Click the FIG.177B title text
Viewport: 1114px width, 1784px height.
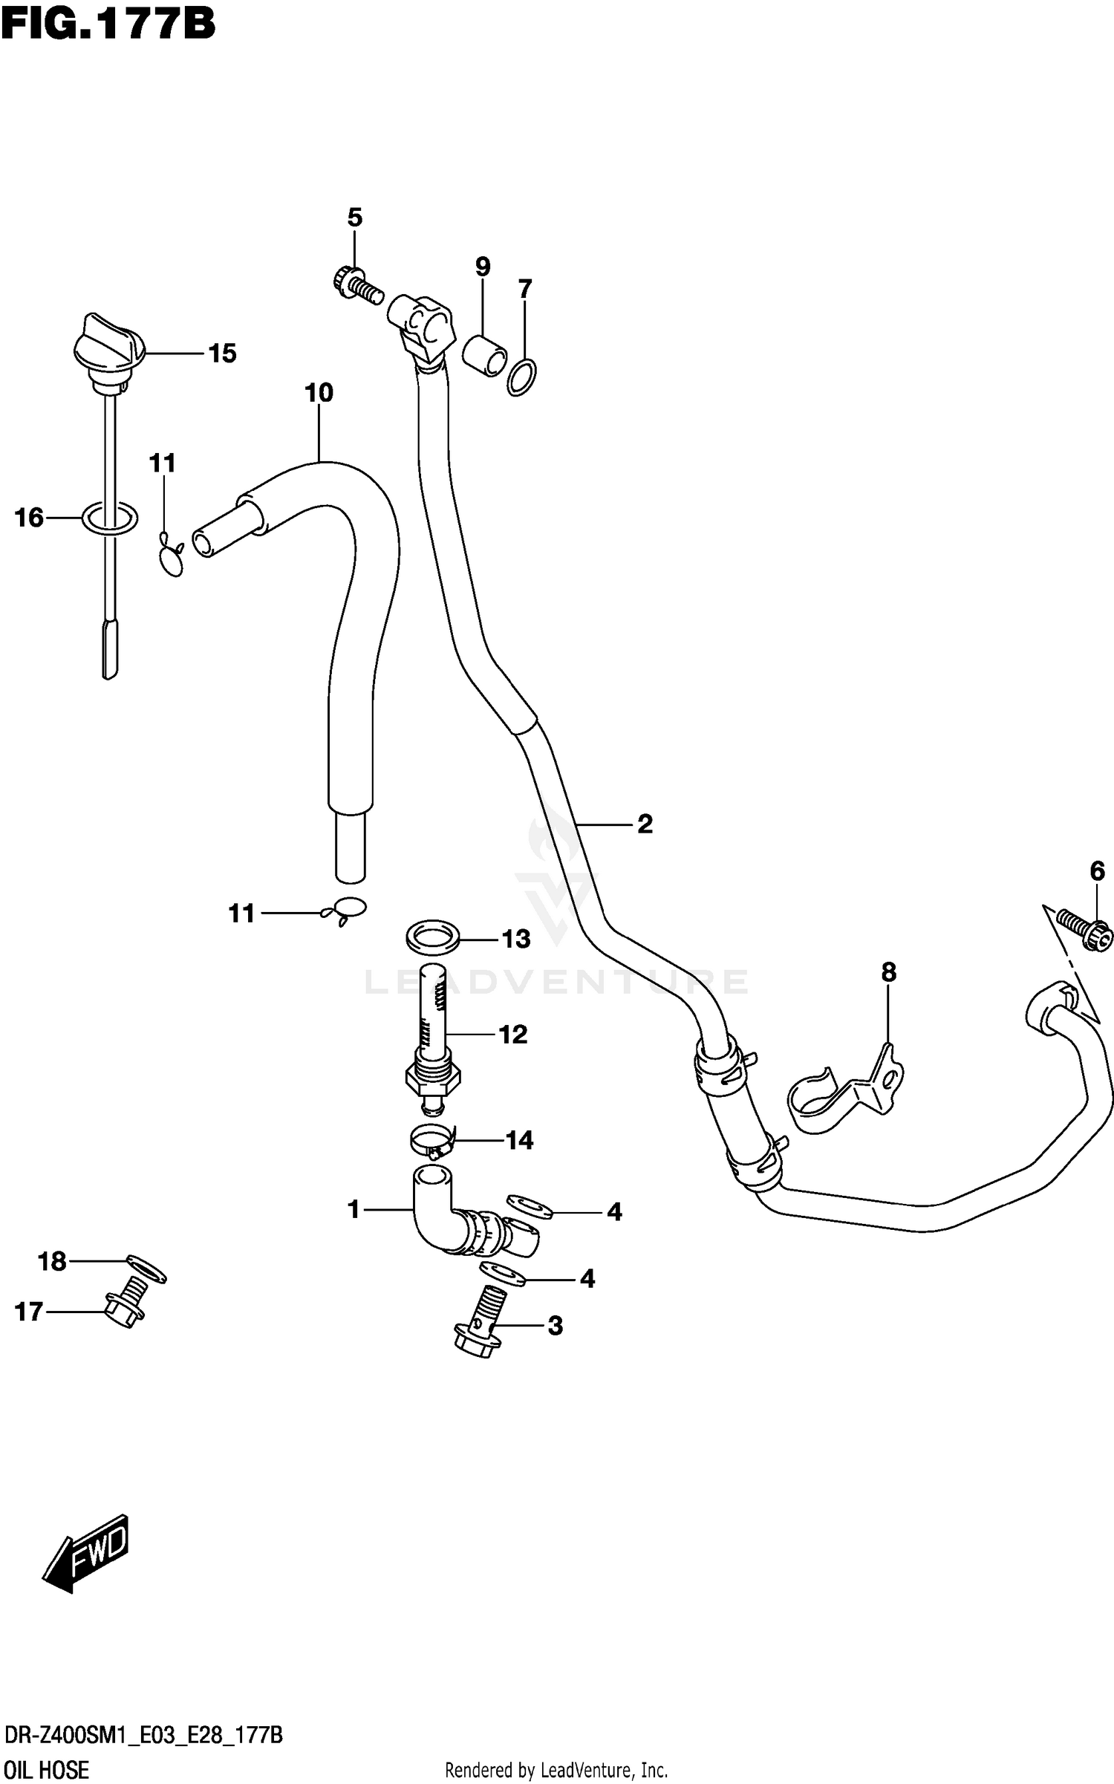coord(108,25)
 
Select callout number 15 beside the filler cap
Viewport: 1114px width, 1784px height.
coord(222,354)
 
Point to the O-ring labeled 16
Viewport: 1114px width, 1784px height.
coord(109,519)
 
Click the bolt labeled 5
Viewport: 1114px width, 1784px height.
coord(355,284)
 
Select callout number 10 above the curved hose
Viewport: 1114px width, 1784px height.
coord(319,392)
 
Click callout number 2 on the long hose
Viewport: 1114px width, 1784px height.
coord(645,824)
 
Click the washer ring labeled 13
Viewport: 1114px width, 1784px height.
coord(432,937)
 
